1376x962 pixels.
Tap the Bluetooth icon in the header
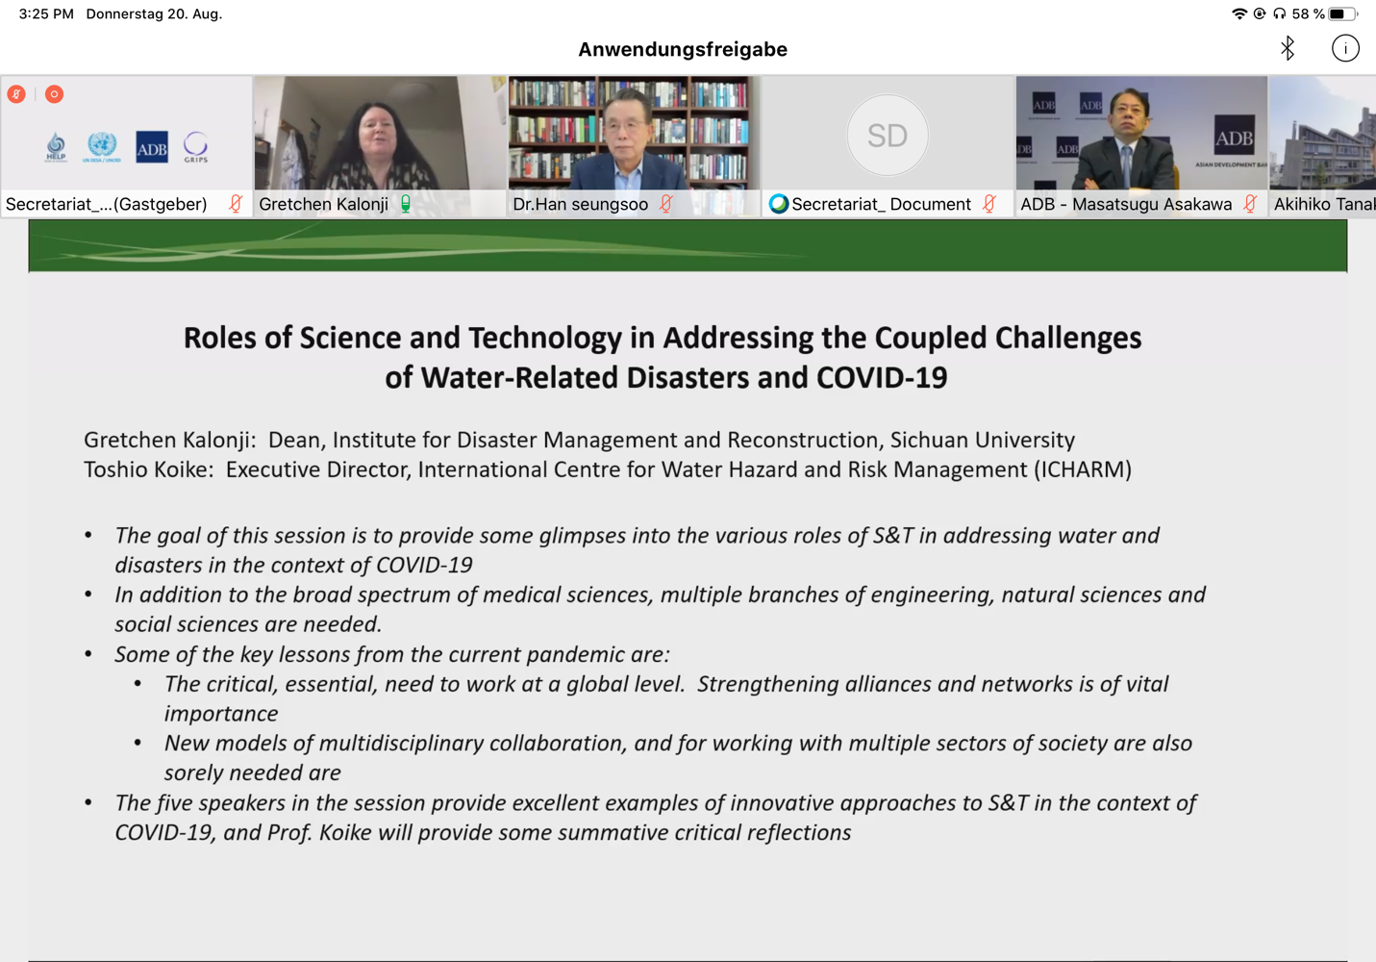1288,48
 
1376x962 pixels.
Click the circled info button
1344,48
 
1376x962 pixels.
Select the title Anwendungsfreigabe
683,49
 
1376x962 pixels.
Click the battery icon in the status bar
1343,13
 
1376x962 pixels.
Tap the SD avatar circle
887,136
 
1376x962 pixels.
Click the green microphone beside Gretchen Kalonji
406,204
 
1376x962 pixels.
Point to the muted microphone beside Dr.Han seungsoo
666,204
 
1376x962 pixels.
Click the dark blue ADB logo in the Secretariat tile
152,147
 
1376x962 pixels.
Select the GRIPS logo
195,147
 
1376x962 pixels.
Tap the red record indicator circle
54,94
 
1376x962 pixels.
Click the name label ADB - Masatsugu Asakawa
1126,204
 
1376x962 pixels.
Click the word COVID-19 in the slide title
882,377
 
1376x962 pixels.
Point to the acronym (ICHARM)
1083,469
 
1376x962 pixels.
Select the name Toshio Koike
145,469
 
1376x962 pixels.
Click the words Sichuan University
983,441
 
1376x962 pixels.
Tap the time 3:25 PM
46,13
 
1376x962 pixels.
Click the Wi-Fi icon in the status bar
1239,13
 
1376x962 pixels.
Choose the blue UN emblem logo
102,146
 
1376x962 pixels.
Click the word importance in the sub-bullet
221,714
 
